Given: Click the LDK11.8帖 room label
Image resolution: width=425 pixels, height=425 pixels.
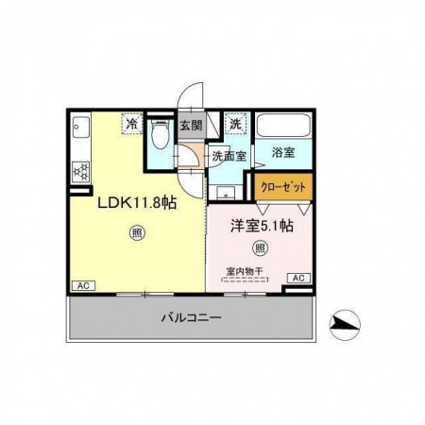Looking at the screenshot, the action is click(x=137, y=203).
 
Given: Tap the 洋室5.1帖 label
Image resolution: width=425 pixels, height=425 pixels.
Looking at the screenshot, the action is click(x=262, y=226).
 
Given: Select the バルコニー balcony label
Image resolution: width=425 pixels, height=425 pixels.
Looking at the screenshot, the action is click(x=192, y=317).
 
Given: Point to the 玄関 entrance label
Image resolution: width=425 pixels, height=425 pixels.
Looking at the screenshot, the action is click(x=191, y=126).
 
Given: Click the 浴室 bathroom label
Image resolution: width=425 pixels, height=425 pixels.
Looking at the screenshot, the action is click(x=283, y=152).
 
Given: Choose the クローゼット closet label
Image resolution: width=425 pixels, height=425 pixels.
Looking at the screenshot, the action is click(x=283, y=187).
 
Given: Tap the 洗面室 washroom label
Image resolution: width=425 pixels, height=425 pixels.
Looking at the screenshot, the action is click(x=229, y=156).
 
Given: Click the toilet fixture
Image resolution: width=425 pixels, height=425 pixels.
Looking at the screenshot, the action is click(x=160, y=135).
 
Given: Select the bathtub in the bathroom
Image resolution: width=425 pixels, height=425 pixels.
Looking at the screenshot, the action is click(x=283, y=125).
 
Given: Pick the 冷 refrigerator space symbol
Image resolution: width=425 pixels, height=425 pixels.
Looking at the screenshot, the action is click(x=132, y=124).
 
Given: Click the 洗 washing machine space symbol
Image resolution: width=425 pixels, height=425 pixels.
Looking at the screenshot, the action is click(x=235, y=124).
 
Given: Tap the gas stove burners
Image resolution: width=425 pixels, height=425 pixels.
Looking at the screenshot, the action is click(x=81, y=172).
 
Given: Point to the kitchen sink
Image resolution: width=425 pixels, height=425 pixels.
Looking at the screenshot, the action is click(x=81, y=127).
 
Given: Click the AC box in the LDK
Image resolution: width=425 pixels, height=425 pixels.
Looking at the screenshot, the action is click(x=83, y=286).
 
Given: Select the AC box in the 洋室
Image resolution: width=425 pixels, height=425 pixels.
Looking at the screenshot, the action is click(x=298, y=278).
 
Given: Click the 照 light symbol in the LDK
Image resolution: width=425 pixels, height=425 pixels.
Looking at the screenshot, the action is click(x=137, y=233).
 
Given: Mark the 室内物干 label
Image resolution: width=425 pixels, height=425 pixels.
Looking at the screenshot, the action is click(x=245, y=271).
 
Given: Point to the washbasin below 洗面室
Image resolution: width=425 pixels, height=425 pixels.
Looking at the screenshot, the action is click(x=226, y=193).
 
